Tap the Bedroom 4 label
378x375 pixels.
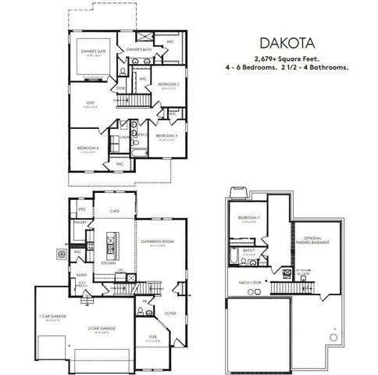point(87,147)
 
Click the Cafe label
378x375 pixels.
point(113,211)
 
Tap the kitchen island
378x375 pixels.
point(111,248)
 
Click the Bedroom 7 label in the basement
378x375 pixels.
point(249,218)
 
